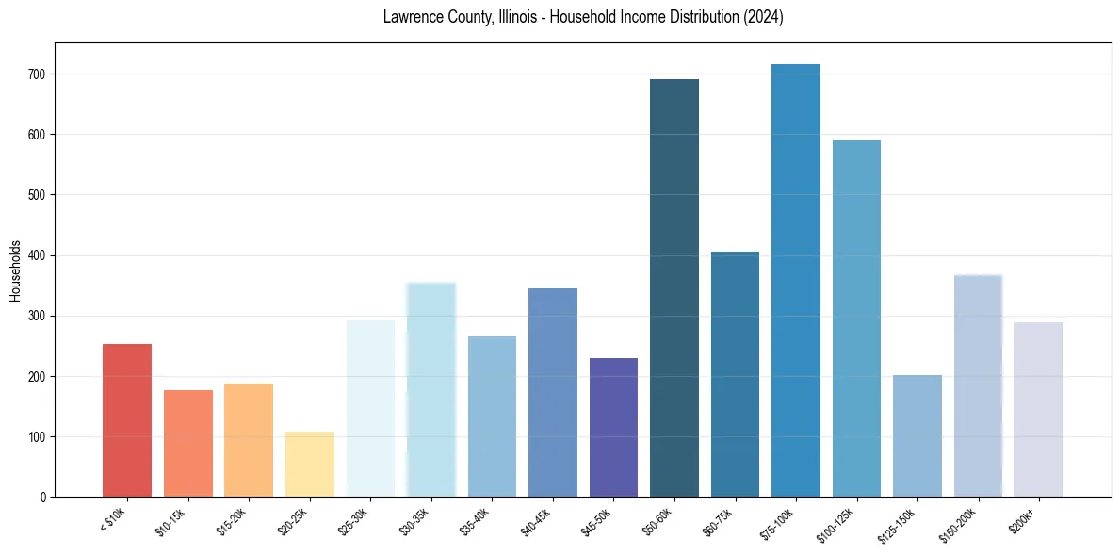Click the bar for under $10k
click(127, 420)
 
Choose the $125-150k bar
click(917, 435)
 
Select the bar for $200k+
click(1039, 409)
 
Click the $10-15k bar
click(188, 443)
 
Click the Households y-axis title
click(16, 270)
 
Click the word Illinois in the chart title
click(522, 17)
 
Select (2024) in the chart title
click(763, 17)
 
